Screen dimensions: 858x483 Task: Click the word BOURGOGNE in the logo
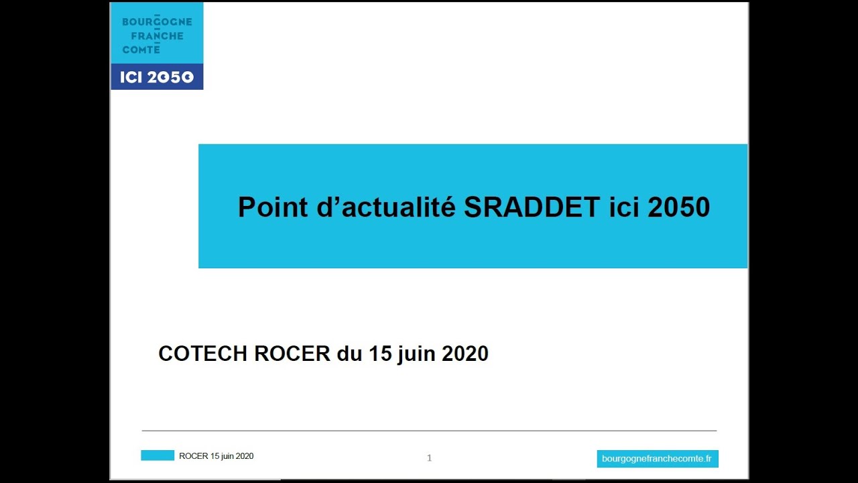click(x=157, y=22)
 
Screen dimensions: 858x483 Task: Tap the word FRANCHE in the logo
click(x=157, y=36)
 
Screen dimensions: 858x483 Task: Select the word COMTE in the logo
click(x=141, y=50)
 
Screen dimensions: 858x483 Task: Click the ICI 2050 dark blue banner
click(x=157, y=76)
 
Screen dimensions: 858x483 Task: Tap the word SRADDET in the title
click(x=532, y=207)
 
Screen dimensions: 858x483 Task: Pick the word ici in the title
click(x=623, y=207)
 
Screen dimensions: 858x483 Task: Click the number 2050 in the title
click(x=679, y=207)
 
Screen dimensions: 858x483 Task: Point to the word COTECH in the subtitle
click(x=202, y=354)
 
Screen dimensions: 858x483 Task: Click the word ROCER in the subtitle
click(x=292, y=354)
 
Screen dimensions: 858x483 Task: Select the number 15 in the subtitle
click(x=380, y=354)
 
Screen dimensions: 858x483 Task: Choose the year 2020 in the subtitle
click(x=465, y=354)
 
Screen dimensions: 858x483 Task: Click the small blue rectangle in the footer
click(x=158, y=455)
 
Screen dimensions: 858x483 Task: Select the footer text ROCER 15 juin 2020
click(x=216, y=456)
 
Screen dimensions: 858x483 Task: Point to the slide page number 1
click(x=430, y=458)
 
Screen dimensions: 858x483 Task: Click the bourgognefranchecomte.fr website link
click(x=658, y=459)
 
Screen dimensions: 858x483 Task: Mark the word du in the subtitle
click(x=349, y=354)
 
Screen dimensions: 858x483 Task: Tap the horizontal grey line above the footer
click(x=429, y=431)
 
